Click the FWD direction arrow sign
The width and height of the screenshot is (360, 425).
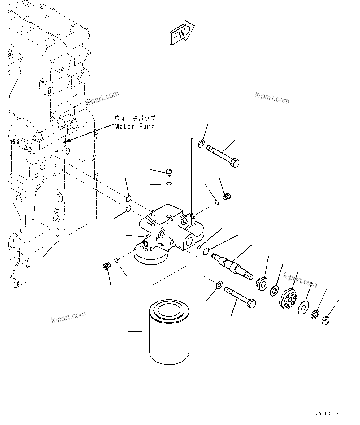(182, 33)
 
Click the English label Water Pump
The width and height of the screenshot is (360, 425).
(134, 126)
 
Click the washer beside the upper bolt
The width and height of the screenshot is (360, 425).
(201, 143)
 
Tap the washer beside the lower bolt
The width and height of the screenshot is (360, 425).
(218, 284)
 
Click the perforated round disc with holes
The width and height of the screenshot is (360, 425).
(288, 299)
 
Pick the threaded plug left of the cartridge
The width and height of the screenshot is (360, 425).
(107, 266)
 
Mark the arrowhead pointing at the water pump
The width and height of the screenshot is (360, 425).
(67, 141)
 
